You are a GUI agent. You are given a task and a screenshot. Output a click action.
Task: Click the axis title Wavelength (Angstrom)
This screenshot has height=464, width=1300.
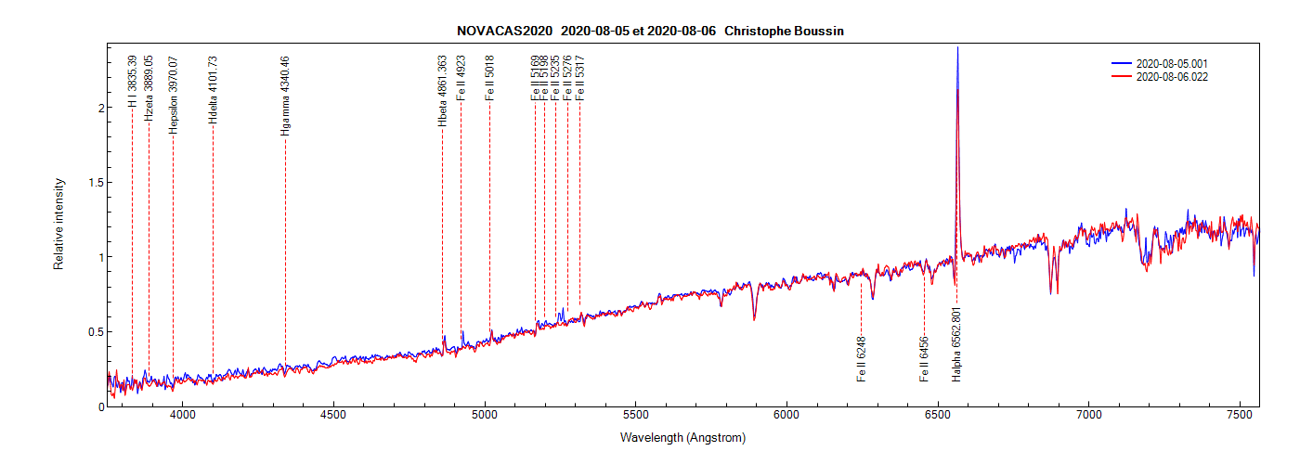click(x=682, y=437)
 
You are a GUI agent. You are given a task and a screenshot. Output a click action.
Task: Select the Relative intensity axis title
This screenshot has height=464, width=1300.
click(x=58, y=224)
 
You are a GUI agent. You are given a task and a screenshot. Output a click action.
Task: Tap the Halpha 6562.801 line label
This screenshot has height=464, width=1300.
click(x=956, y=343)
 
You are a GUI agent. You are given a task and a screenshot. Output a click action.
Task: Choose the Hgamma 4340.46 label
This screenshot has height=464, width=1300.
click(x=285, y=96)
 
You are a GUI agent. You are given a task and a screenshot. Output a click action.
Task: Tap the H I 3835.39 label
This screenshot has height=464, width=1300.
click(x=132, y=82)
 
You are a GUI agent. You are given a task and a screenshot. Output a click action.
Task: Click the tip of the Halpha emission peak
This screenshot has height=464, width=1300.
click(x=957, y=47)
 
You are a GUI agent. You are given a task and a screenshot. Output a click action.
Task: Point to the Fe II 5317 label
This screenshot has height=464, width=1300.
click(x=579, y=79)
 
